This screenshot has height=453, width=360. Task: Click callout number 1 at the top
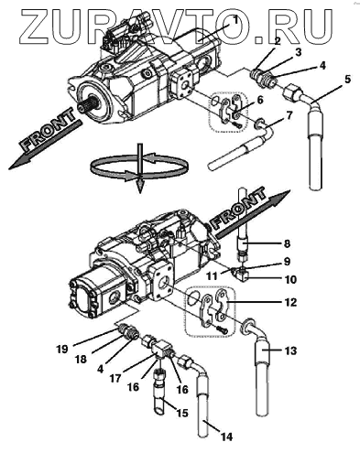(x=235, y=20)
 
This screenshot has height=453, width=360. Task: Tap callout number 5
(x=348, y=80)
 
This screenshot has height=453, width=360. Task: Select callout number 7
(x=289, y=116)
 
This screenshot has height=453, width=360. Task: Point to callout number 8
(x=287, y=243)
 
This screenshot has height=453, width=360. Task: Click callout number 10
(x=290, y=279)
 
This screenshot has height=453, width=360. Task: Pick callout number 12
(x=290, y=302)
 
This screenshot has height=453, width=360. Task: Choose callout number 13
(x=290, y=351)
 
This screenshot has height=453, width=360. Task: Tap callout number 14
(x=226, y=437)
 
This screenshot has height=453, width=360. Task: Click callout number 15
(x=181, y=413)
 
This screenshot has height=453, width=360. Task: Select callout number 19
(x=62, y=349)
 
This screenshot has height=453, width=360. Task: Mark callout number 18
(x=81, y=360)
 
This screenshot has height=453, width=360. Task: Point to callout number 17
(x=115, y=379)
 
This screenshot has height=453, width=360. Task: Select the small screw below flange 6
(x=236, y=124)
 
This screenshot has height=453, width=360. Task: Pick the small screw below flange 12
(x=223, y=329)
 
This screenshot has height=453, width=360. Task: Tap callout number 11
(x=212, y=276)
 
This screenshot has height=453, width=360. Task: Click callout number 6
(x=260, y=100)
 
